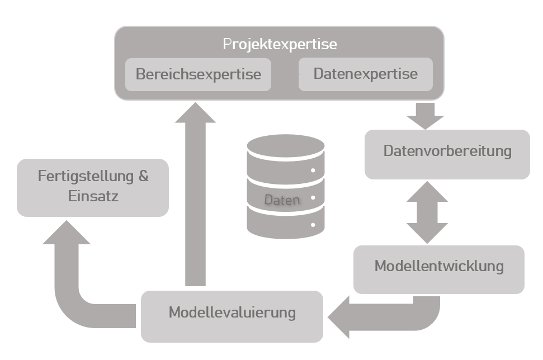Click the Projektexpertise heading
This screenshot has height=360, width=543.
tap(280, 44)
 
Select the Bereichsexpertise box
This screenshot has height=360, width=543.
tap(198, 74)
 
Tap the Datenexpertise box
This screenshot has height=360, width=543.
tap(365, 74)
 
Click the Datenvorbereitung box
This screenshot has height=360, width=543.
tap(447, 151)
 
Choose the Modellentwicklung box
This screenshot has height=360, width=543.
tap(438, 267)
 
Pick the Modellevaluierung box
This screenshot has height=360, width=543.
tap(232, 313)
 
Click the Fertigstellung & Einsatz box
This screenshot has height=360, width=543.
tap(93, 187)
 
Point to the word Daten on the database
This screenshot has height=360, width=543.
tap(282, 200)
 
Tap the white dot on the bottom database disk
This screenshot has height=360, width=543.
tap(313, 225)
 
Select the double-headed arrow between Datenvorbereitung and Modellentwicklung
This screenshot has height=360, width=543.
tap(427, 212)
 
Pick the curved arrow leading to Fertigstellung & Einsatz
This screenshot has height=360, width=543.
tap(73, 285)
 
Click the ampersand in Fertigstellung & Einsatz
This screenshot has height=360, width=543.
tap(143, 177)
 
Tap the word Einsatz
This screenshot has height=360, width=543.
tap(93, 197)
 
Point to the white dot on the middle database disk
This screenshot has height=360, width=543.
tap(313, 198)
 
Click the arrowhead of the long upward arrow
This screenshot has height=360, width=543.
tap(195, 112)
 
